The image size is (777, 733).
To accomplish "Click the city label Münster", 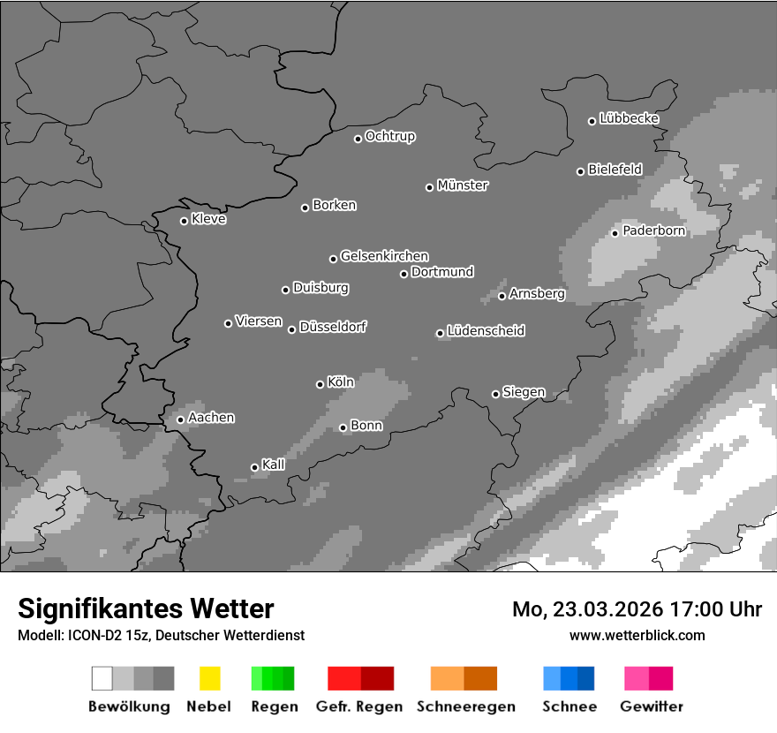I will tap(463, 185).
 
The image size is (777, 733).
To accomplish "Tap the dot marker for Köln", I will tap(320, 384).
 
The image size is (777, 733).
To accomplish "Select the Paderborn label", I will tap(654, 231).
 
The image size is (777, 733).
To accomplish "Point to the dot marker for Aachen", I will tap(180, 419).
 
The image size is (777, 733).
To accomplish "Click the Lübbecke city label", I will tap(630, 118).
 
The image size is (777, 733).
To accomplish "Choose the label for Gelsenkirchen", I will tap(384, 256).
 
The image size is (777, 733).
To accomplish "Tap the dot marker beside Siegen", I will tap(495, 394).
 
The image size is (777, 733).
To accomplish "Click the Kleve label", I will tap(209, 219).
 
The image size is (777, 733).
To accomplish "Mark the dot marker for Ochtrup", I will tap(358, 138).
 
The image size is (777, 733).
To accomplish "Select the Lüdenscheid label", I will tap(486, 331).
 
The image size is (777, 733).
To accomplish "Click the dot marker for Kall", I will tap(254, 467).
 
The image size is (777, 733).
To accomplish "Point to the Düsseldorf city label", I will tap(333, 327).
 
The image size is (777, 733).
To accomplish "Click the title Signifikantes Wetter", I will tap(146, 608).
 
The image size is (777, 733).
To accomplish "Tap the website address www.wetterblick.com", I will tap(637, 635).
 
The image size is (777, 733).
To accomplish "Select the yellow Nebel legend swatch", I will tap(209, 678).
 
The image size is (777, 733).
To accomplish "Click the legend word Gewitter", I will tap(652, 707).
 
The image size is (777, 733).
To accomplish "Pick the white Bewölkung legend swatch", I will tap(102, 678).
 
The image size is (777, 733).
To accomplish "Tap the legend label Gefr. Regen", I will tap(359, 707).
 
